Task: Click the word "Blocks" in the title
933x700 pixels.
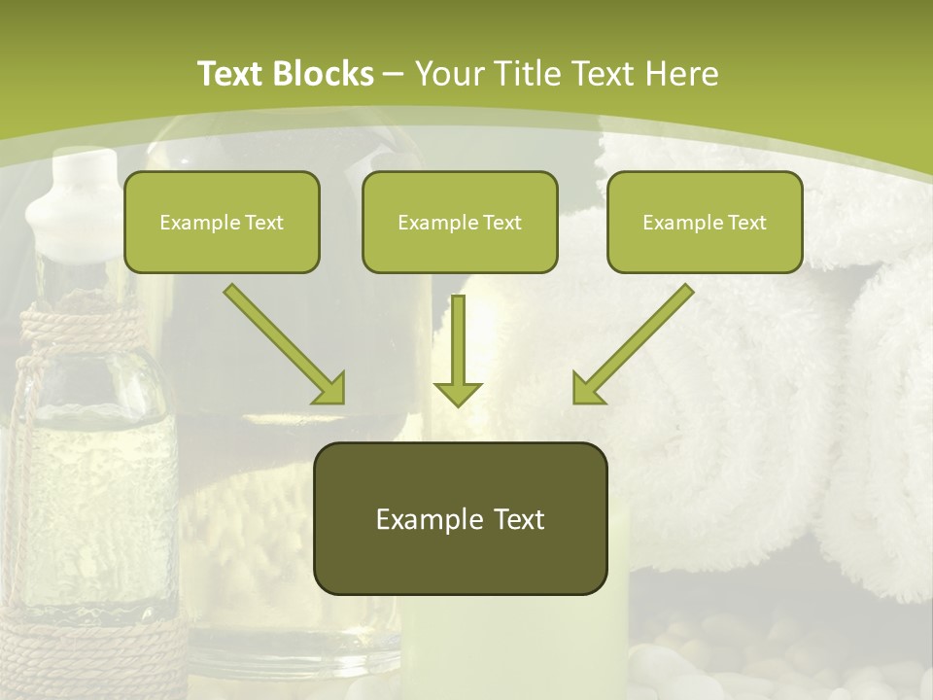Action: click(324, 74)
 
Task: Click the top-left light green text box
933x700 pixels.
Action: click(222, 222)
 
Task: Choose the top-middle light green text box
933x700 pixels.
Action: click(460, 222)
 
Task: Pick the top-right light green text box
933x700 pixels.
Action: click(705, 222)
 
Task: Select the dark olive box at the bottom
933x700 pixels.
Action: click(460, 518)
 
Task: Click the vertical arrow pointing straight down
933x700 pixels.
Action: click(458, 351)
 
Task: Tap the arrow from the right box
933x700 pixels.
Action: click(633, 344)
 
